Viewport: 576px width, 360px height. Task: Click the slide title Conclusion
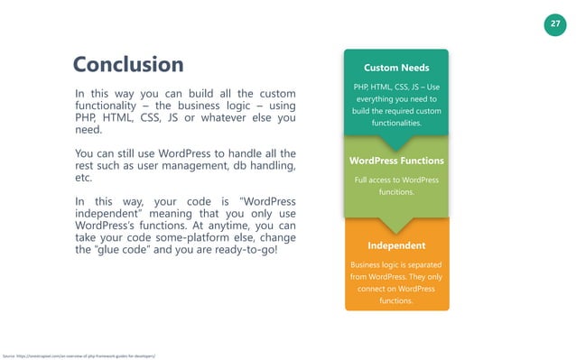pyautogui.click(x=128, y=65)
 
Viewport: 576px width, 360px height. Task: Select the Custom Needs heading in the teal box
pyautogui.click(x=395, y=68)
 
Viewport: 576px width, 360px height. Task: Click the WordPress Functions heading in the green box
pyautogui.click(x=395, y=162)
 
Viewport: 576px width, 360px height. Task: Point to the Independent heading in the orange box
pyautogui.click(x=395, y=245)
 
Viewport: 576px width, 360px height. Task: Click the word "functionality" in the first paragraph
pyautogui.click(x=112, y=106)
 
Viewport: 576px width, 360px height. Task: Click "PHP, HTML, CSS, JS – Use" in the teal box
pyautogui.click(x=396, y=88)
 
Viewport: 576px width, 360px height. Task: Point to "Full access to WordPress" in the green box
pyautogui.click(x=396, y=180)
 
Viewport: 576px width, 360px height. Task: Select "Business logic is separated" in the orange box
pyautogui.click(x=396, y=264)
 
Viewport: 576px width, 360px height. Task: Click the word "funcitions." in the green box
pyautogui.click(x=396, y=192)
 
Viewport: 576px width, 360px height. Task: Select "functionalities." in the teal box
pyautogui.click(x=396, y=123)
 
